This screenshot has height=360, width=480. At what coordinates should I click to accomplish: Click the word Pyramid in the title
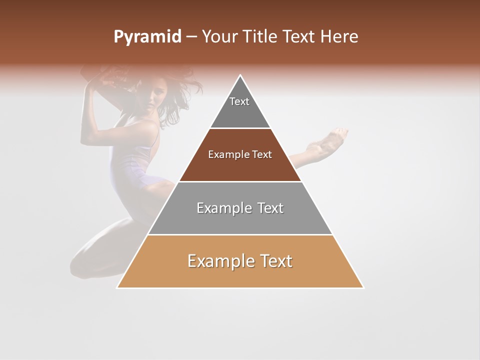coord(147,37)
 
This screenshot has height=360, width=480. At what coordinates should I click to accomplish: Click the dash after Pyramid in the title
coord(191,37)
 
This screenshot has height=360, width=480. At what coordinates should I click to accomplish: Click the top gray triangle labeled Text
coord(240,107)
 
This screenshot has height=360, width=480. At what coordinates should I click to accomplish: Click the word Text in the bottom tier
coord(273,261)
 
